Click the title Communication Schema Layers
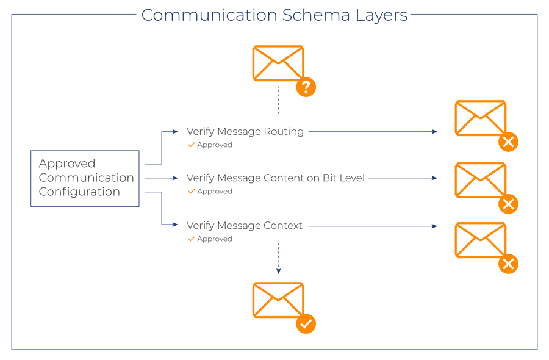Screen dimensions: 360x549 click(x=274, y=15)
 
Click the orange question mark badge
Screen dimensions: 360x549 click(x=306, y=87)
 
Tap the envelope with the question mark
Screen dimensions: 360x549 click(x=278, y=63)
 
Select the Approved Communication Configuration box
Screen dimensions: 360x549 click(x=85, y=178)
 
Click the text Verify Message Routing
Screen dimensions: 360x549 click(x=245, y=131)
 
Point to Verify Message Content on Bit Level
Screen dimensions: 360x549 click(x=275, y=178)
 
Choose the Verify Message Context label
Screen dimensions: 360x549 click(x=244, y=226)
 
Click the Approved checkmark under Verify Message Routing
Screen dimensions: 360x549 click(x=192, y=145)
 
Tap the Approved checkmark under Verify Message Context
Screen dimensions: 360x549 click(x=192, y=239)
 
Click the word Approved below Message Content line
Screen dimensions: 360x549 click(x=215, y=192)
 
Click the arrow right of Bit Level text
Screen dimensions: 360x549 click(x=403, y=178)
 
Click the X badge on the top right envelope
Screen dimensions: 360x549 click(x=508, y=142)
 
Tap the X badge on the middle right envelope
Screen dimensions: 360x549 click(x=508, y=204)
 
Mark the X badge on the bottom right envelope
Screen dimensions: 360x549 click(x=508, y=264)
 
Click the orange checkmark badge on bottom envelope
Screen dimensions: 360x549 click(x=306, y=323)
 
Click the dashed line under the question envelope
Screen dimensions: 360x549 click(x=279, y=101)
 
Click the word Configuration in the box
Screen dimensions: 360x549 click(x=79, y=192)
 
